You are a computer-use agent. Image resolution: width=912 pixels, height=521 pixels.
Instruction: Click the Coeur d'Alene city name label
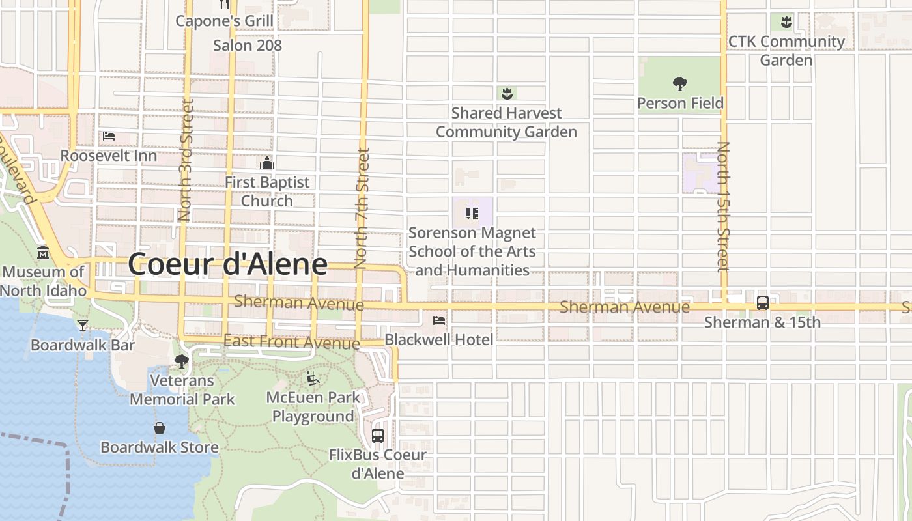(x=227, y=264)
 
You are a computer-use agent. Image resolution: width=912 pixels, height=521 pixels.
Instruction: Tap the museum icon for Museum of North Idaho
(x=43, y=252)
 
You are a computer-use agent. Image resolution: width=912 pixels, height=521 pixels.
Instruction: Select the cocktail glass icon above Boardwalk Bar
(x=83, y=325)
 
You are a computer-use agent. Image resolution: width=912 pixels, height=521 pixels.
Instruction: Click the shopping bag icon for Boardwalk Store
(x=160, y=428)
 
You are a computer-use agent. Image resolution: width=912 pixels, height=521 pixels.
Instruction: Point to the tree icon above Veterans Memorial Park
(x=182, y=361)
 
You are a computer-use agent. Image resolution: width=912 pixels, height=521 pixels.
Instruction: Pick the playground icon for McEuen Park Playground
(x=313, y=378)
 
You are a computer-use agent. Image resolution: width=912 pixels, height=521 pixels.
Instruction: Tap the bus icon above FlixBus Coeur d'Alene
(x=378, y=435)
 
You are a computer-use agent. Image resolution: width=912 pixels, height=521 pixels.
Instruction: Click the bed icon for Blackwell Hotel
(x=439, y=320)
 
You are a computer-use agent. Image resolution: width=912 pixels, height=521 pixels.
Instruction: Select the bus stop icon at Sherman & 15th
(x=763, y=303)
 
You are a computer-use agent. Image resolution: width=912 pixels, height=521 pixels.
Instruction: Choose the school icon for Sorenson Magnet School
(x=472, y=213)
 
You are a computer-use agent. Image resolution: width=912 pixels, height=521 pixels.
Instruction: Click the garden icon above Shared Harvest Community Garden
(x=507, y=93)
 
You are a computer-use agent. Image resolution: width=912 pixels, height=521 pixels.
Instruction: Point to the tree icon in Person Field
(x=680, y=83)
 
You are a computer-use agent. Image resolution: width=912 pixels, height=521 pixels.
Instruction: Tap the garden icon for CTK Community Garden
(x=786, y=21)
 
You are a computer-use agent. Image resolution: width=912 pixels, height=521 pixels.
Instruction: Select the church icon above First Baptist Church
(x=266, y=162)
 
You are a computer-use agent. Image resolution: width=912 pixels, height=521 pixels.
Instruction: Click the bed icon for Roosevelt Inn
(x=109, y=136)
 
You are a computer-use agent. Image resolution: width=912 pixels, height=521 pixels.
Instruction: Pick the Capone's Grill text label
(x=225, y=21)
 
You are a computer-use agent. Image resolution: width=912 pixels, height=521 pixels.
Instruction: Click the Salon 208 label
(x=248, y=45)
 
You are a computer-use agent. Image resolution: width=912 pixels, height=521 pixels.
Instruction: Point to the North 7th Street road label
(x=362, y=208)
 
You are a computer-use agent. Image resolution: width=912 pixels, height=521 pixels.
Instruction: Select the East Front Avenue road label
(x=291, y=341)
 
